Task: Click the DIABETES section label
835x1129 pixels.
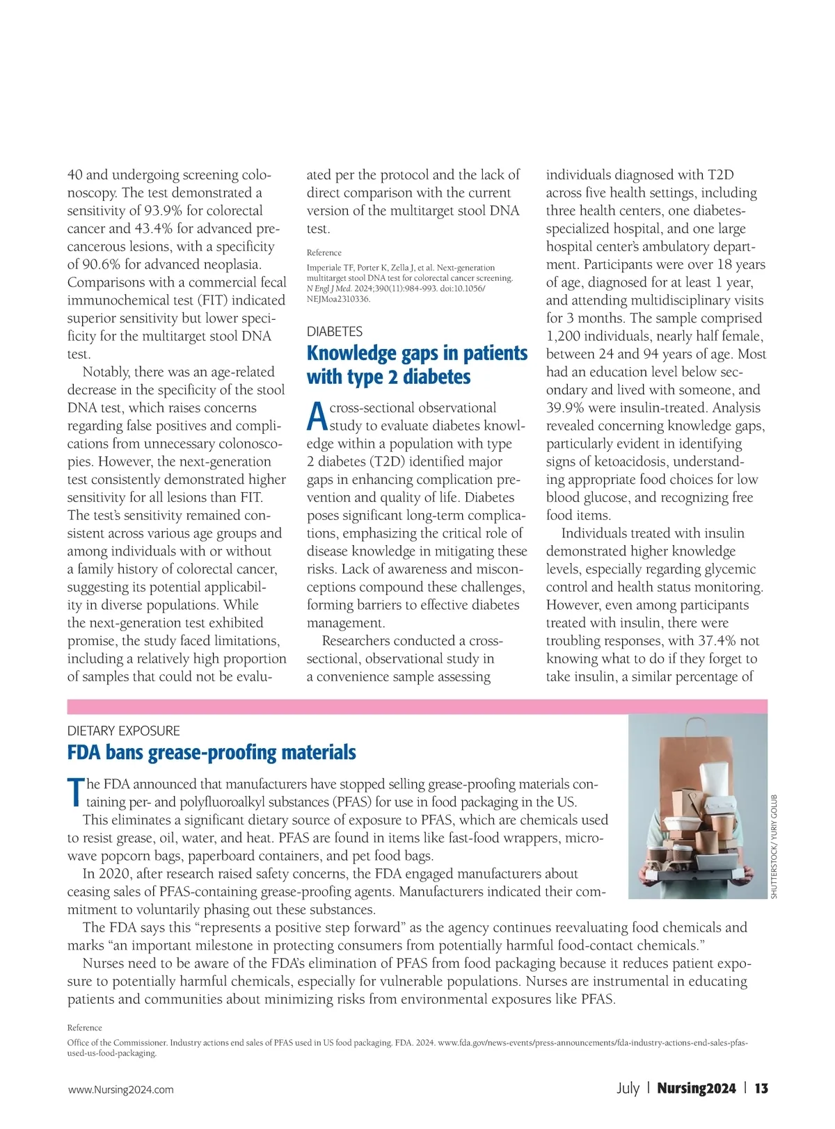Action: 334,332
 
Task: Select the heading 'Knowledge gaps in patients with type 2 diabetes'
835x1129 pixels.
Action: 417,365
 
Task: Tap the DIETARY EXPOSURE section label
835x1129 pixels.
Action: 123,731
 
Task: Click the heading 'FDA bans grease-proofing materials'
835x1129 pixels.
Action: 212,752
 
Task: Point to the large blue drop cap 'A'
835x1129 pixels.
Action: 317,416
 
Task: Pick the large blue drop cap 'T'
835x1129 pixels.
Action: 75,793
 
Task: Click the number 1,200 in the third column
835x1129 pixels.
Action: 564,336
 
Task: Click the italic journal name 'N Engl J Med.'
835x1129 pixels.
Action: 329,289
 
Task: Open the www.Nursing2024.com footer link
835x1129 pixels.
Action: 120,1089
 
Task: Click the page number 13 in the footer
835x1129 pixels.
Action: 761,1089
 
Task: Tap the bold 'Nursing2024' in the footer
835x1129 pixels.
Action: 696,1089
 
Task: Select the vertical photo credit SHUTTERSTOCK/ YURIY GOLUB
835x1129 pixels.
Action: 774,846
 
